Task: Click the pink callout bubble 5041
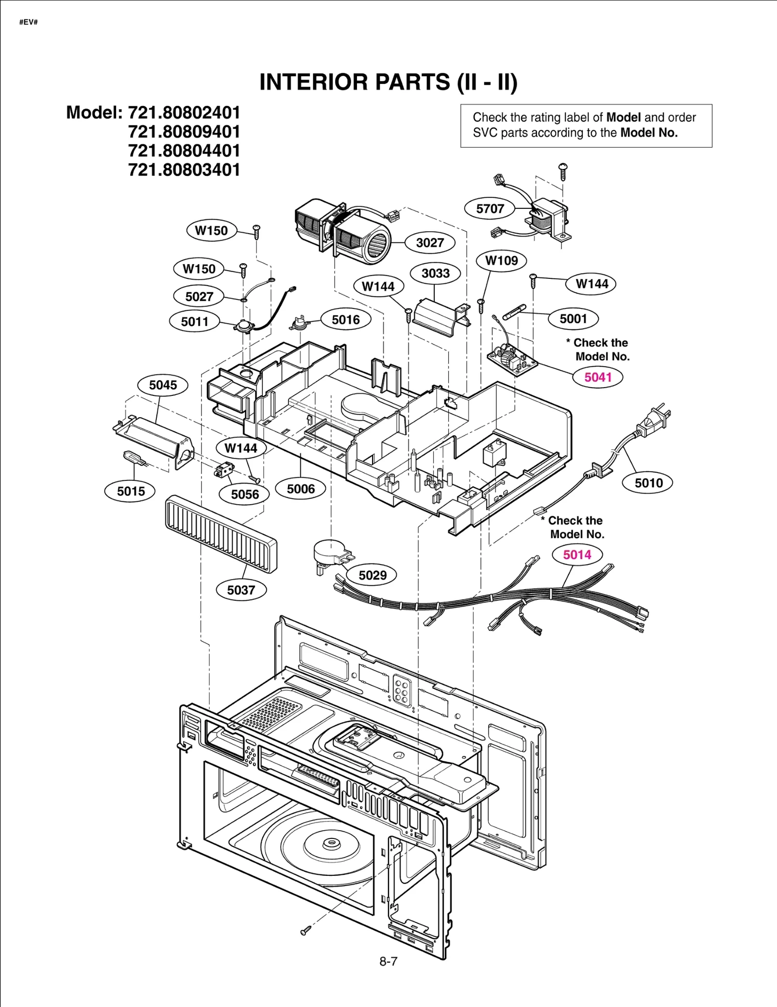[597, 377]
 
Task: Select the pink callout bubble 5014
[577, 554]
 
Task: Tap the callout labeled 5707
[490, 209]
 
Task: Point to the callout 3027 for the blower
[430, 242]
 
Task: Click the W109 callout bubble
[501, 260]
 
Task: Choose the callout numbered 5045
[163, 385]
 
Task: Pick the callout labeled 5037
[241, 590]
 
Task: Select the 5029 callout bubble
[372, 575]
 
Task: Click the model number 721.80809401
[184, 132]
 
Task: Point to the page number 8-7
[388, 961]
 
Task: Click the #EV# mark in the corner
[29, 22]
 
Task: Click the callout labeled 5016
[346, 319]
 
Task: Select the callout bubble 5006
[301, 489]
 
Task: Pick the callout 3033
[435, 273]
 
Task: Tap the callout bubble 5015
[131, 491]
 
